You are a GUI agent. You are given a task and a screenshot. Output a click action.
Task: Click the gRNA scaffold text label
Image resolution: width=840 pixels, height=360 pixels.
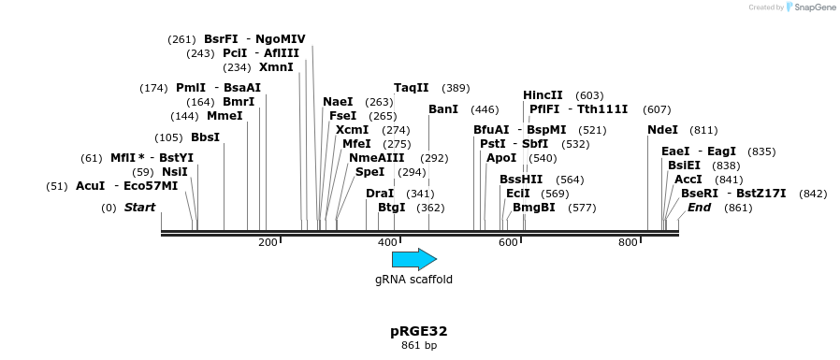tap(413, 280)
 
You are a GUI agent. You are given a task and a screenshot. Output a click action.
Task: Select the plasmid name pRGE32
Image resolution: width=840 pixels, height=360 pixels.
tap(419, 331)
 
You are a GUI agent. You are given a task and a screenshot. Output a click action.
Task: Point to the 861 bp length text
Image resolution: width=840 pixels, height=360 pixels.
tap(419, 346)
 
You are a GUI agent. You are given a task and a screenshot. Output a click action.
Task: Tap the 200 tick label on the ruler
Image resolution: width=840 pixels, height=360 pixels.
tap(268, 243)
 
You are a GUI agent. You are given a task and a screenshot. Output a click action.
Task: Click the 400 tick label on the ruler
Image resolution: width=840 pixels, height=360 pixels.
tap(387, 243)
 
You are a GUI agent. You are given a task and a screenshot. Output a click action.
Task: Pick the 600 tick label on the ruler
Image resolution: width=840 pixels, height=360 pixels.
tap(508, 243)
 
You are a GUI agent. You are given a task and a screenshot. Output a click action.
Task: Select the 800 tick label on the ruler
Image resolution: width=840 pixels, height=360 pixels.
tap(628, 243)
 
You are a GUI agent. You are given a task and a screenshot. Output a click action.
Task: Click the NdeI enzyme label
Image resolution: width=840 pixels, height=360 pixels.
tap(662, 130)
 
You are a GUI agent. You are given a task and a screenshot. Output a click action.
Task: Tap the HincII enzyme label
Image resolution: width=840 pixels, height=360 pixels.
tap(543, 95)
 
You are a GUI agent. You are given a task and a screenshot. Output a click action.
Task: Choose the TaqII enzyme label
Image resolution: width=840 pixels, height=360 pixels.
tap(411, 88)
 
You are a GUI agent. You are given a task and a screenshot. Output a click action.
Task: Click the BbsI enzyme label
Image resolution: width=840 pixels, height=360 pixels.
tap(205, 137)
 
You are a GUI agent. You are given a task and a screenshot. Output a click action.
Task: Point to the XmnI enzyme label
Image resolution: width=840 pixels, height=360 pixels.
tap(276, 67)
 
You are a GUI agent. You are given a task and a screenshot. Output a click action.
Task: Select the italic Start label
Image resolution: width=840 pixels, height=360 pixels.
tap(139, 208)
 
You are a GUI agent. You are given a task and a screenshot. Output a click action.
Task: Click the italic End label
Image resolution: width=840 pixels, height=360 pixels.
tap(700, 208)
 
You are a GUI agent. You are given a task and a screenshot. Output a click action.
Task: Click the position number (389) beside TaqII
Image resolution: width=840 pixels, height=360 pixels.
tap(456, 88)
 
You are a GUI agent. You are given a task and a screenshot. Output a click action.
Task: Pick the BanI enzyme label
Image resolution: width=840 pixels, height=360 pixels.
tap(442, 109)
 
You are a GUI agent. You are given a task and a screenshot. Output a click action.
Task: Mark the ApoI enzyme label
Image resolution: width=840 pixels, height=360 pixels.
tap(501, 158)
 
